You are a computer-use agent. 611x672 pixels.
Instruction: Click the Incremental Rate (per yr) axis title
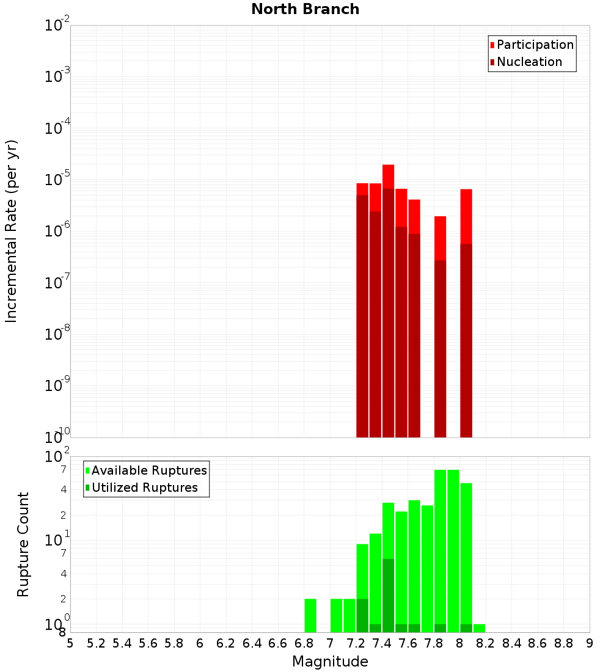12,231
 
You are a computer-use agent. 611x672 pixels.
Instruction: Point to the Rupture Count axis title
23,544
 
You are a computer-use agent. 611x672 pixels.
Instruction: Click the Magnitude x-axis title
330,662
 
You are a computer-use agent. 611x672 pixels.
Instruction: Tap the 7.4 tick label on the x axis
382,643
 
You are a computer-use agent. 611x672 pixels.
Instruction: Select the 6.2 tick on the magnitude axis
226,643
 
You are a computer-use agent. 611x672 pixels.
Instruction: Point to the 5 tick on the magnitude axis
70,643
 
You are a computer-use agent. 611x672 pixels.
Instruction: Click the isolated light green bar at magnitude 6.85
310,615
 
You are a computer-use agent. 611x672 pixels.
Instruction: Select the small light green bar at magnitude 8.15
479,628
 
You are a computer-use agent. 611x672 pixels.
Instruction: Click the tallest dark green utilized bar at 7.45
388,595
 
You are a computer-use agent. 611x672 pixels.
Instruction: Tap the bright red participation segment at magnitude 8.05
466,216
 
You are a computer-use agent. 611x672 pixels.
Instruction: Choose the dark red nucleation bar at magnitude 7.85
440,348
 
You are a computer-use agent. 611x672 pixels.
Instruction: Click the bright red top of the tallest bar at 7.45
388,177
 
